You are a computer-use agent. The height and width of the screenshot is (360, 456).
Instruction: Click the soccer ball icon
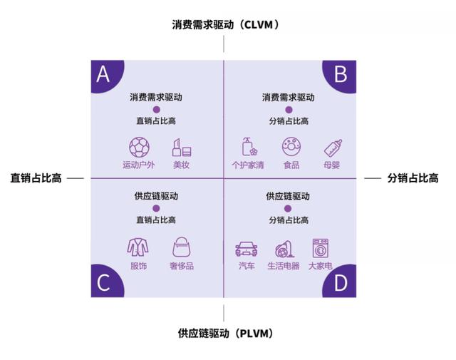[x=140, y=148]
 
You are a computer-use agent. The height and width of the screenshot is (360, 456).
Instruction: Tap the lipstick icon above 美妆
[x=182, y=148]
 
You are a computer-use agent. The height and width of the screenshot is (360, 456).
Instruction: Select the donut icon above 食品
[x=291, y=147]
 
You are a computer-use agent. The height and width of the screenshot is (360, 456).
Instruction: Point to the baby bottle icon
[x=333, y=148]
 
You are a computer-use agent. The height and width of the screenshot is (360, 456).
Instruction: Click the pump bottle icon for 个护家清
[x=249, y=147]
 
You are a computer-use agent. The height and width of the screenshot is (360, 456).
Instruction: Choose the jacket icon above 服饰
[x=138, y=247]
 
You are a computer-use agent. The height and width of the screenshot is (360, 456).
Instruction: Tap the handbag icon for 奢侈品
[x=182, y=247]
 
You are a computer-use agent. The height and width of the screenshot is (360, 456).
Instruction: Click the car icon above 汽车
[x=247, y=249]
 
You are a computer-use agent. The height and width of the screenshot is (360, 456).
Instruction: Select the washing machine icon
[x=321, y=248]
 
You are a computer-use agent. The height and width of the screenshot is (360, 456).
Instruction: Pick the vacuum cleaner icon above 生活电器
[x=284, y=249]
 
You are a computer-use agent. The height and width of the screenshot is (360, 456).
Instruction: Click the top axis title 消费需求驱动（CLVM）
[x=226, y=25]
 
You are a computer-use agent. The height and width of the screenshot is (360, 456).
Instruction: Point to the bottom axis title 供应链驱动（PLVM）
[x=226, y=333]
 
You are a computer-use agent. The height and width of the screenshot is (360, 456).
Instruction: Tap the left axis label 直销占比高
[x=36, y=178]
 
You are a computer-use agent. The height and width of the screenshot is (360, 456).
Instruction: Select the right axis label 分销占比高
[x=413, y=178]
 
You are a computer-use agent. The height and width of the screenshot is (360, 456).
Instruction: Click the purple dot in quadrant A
[x=157, y=110]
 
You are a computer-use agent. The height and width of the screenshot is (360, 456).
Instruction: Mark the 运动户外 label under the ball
[x=139, y=165]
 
